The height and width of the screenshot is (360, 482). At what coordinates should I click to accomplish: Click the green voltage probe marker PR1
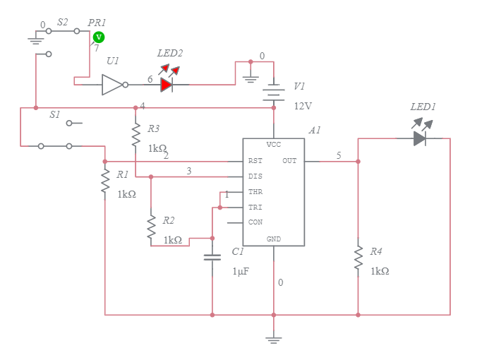[99, 37]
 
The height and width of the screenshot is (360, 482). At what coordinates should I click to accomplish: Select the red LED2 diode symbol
[167, 85]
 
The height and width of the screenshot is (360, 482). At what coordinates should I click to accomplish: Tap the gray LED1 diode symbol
[421, 138]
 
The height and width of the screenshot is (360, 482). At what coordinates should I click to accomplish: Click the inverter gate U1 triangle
[113, 85]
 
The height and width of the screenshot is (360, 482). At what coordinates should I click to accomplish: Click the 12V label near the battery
[303, 106]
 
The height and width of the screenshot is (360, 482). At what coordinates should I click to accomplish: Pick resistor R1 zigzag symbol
[104, 181]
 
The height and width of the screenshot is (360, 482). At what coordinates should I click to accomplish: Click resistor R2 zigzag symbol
[150, 227]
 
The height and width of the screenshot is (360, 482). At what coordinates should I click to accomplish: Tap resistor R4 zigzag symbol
[358, 258]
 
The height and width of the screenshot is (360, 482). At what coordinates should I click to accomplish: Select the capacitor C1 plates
[212, 257]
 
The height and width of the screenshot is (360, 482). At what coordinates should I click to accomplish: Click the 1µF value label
[241, 271]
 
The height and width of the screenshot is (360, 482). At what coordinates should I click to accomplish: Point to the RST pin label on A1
[255, 161]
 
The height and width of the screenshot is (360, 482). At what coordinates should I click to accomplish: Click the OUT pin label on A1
[289, 161]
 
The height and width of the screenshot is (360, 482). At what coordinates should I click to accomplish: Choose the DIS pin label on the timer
[255, 176]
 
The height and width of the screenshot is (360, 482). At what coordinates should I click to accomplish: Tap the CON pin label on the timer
[255, 222]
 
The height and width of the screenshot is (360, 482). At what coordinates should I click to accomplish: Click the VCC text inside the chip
[274, 145]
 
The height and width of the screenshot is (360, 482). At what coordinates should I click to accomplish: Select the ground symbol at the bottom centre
[274, 339]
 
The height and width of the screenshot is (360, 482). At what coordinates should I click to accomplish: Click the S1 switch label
[54, 114]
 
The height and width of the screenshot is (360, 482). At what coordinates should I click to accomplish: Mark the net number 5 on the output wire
[338, 155]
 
